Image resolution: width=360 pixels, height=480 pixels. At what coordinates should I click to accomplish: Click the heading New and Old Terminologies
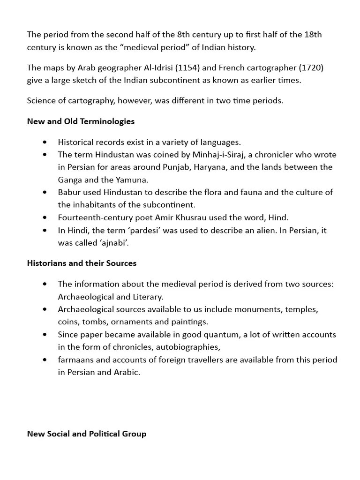coord(81,121)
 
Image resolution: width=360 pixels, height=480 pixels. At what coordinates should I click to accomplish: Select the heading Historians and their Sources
coord(82,263)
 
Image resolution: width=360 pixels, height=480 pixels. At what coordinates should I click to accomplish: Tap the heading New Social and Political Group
coord(87,434)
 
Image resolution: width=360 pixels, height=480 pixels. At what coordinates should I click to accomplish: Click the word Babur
coord(69,192)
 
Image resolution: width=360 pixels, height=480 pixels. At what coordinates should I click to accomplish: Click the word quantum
coord(221,335)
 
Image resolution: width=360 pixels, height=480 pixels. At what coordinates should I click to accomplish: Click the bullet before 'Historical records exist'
coord(45,142)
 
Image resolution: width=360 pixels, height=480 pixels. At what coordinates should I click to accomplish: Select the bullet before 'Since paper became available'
coord(45,335)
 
